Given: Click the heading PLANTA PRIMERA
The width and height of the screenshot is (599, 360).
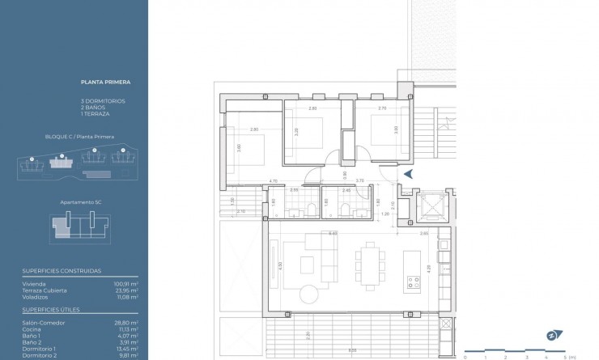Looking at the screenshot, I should click(x=106, y=82).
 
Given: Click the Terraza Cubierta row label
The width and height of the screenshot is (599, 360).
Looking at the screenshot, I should click(x=45, y=290).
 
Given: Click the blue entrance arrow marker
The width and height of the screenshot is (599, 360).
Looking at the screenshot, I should click(x=409, y=173).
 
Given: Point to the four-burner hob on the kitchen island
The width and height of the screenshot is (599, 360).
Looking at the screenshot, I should click(x=413, y=283).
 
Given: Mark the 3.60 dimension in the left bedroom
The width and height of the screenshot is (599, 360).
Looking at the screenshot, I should click(x=240, y=148).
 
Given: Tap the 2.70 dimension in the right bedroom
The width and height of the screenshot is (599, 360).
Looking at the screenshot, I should click(x=382, y=108).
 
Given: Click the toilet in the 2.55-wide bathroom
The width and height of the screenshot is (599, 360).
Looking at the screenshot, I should click(x=312, y=213).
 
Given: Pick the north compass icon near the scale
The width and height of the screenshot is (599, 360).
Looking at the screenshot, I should click(x=552, y=334).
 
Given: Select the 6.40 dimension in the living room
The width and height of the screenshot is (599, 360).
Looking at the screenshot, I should click(x=333, y=233).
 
